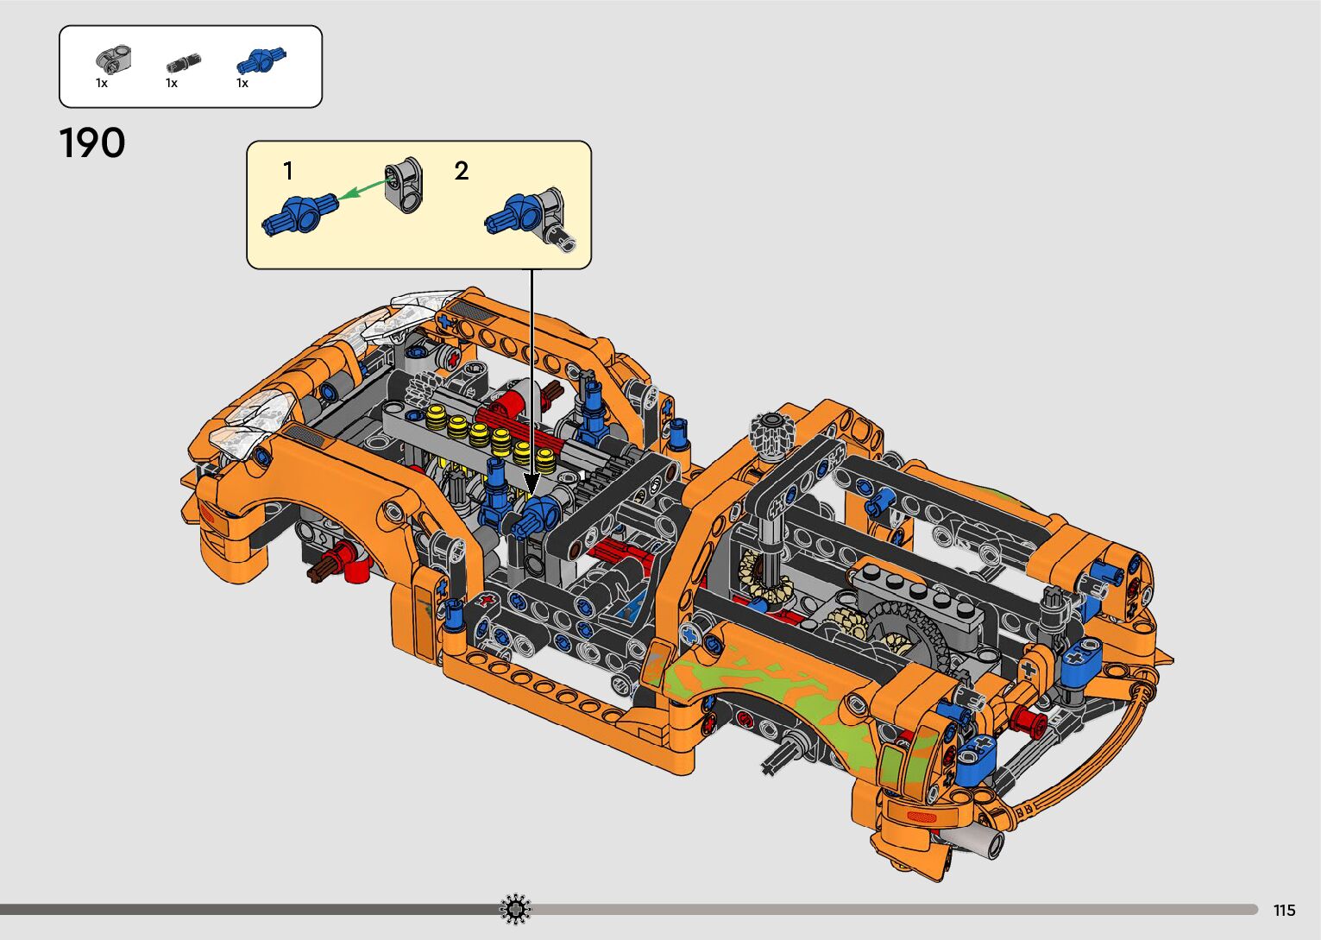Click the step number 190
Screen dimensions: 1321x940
click(x=92, y=142)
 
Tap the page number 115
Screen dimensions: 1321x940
click(x=1285, y=910)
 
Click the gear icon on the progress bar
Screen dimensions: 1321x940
click(x=515, y=909)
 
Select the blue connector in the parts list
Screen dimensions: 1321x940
click(x=261, y=60)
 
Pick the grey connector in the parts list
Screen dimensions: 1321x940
click(x=113, y=59)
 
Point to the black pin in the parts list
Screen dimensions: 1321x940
click(x=184, y=62)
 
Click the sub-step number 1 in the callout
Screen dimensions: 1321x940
click(x=288, y=171)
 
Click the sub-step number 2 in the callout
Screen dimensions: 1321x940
click(x=461, y=171)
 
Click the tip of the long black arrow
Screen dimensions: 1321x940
click(x=532, y=495)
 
